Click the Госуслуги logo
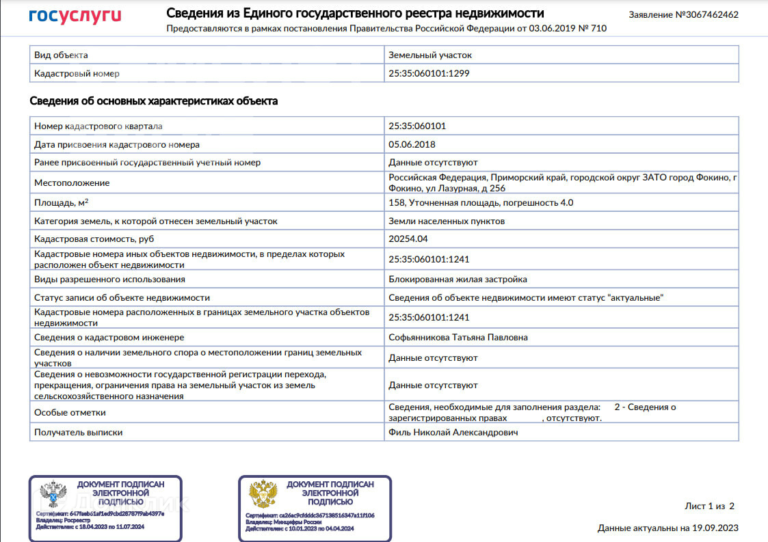75,16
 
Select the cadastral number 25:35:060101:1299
429,73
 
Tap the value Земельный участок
430,55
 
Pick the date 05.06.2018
412,144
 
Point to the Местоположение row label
72,182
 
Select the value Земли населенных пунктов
447,221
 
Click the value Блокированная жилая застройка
458,279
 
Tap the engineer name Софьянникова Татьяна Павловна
458,337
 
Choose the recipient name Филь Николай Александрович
453,432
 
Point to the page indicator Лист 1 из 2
709,506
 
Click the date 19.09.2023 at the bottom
716,528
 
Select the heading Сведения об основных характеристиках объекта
154,101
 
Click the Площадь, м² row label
61,202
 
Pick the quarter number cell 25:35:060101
417,126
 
